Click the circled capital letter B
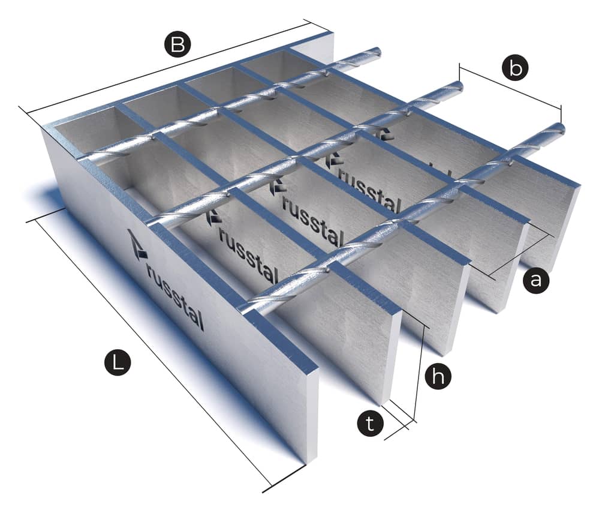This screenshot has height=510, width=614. (177, 44)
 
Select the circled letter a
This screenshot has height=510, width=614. (535, 280)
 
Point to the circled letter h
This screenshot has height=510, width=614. (438, 377)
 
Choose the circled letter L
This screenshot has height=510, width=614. (117, 362)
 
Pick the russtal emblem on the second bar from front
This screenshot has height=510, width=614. (213, 218)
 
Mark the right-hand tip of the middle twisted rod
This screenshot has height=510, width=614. (459, 86)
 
